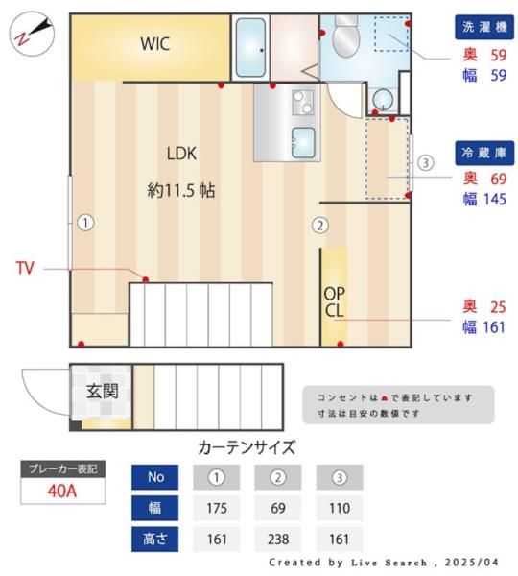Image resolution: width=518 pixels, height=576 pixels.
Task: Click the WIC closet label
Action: pos(156,43)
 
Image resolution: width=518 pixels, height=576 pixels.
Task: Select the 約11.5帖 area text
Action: pos(181,190)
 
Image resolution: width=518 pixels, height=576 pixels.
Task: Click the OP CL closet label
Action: pos(334,301)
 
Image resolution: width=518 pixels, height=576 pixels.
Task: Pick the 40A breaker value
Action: pos(63,491)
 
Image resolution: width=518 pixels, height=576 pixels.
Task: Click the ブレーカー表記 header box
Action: pos(63,468)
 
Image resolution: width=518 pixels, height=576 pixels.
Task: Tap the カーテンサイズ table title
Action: pos(247,447)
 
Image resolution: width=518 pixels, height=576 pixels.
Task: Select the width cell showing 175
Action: pos(216,508)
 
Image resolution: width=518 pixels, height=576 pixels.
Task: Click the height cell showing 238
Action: pos(277,539)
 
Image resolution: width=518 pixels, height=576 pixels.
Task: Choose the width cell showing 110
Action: pos(340,508)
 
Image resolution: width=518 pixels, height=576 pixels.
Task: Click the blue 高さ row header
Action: pos(154,539)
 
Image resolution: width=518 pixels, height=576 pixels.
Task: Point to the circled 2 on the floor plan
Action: pos(320,227)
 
